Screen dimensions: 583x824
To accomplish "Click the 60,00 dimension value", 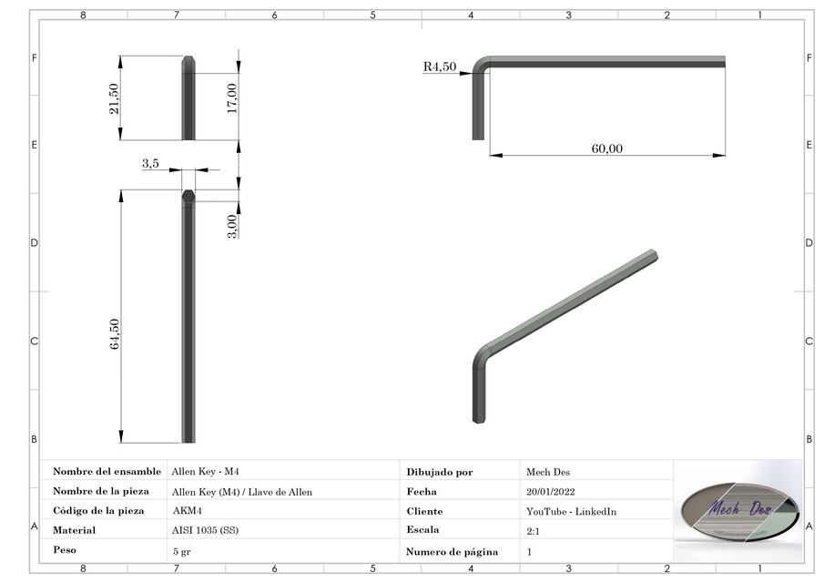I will (606, 148).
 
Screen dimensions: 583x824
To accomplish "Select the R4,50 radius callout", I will (439, 66).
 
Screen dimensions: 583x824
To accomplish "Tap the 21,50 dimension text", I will (113, 98).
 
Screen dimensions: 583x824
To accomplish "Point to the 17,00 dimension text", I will (232, 97).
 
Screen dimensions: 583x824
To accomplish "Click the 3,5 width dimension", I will (151, 163).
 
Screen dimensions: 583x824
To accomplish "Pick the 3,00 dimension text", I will (232, 226).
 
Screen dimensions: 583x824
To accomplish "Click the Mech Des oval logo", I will (738, 509).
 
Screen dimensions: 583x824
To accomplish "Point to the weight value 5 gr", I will (181, 551).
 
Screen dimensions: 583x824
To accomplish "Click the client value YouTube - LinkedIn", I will (571, 511).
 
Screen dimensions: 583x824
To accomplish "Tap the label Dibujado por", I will (440, 472).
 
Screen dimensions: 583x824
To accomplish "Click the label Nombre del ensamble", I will (107, 472).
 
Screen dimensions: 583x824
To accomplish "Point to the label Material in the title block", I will (75, 530).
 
